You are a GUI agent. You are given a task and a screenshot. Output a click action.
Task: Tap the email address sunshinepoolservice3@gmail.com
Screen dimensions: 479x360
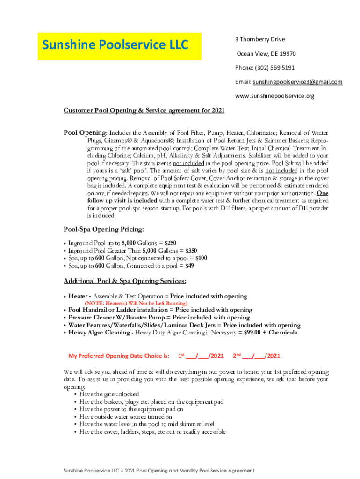(x=297, y=82)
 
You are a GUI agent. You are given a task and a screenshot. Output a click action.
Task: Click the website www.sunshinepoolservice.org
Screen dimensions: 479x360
(x=274, y=96)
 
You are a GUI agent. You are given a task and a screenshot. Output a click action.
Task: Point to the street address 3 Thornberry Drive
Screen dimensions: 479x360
(x=260, y=39)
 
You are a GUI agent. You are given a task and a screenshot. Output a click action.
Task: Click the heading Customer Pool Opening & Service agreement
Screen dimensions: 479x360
(x=144, y=110)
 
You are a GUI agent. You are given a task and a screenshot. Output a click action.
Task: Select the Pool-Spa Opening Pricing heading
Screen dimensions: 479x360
(x=104, y=229)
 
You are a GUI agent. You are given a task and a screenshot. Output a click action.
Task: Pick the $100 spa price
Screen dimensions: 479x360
(x=201, y=258)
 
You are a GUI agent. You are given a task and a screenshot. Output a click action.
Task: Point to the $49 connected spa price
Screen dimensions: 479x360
(x=189, y=266)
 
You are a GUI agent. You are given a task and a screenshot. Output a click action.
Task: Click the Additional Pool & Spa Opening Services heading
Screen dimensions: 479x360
(x=125, y=281)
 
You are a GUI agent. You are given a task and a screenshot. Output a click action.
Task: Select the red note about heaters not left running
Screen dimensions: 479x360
(x=132, y=303)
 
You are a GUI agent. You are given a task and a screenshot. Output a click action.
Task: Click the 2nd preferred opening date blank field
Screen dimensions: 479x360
(x=261, y=356)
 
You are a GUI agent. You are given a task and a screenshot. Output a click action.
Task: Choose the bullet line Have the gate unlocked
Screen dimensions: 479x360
(x=109, y=394)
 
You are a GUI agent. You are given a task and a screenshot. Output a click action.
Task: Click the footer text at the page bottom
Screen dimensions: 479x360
(x=159, y=470)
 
